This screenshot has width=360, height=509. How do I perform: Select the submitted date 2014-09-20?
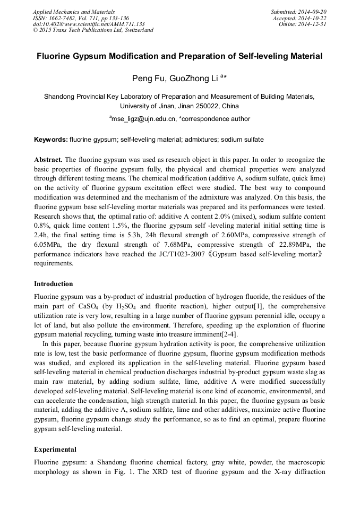[x=313, y=11]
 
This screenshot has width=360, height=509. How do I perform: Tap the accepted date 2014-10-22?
[x=313, y=18]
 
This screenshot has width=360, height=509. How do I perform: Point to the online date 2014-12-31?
[x=313, y=24]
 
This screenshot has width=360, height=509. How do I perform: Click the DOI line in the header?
[x=89, y=24]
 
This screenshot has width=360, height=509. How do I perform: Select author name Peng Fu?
[x=148, y=79]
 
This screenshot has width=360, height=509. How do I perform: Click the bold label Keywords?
[x=51, y=140]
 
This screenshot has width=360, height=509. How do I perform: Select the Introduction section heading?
[x=54, y=284]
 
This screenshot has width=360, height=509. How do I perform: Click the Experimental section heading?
[x=55, y=450]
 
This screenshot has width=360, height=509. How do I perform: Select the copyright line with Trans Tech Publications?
[x=93, y=30]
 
